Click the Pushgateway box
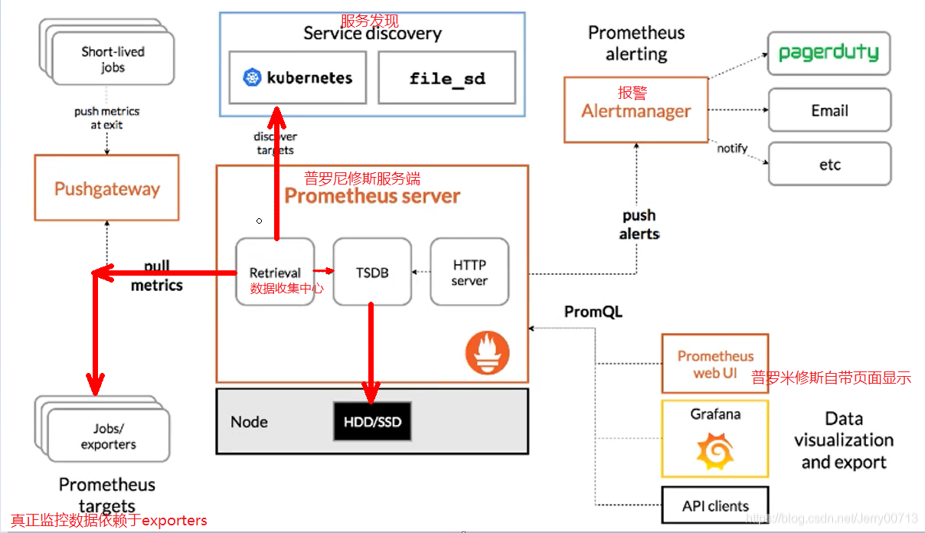coord(106,188)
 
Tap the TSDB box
coord(372,272)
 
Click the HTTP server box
coord(469,272)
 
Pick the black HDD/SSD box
coord(372,422)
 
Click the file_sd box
coord(447,77)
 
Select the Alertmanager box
coord(636,110)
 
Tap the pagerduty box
coord(829,53)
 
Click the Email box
coord(829,110)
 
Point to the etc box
coord(829,164)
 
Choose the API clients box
coord(715,505)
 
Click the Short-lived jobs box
coord(113,59)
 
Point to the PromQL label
coord(593,312)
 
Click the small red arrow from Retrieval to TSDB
coord(325,270)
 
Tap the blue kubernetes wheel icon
coord(252,77)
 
